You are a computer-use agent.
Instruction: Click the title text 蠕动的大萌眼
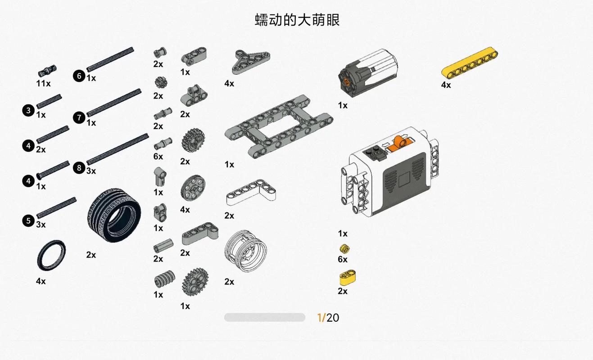pyautogui.click(x=297, y=20)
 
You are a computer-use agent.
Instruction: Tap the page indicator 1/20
pyautogui.click(x=328, y=318)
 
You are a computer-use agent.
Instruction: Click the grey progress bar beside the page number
pyautogui.click(x=264, y=317)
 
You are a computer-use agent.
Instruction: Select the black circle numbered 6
pyautogui.click(x=79, y=76)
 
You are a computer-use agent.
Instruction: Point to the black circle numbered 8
pyautogui.click(x=79, y=168)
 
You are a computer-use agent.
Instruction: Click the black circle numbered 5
pyautogui.click(x=28, y=220)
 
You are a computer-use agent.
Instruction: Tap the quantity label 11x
pyautogui.click(x=43, y=83)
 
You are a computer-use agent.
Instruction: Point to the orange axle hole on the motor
pyautogui.click(x=346, y=81)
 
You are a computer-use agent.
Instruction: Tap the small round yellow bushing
pyautogui.click(x=344, y=248)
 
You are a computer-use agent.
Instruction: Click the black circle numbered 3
pyautogui.click(x=28, y=110)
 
